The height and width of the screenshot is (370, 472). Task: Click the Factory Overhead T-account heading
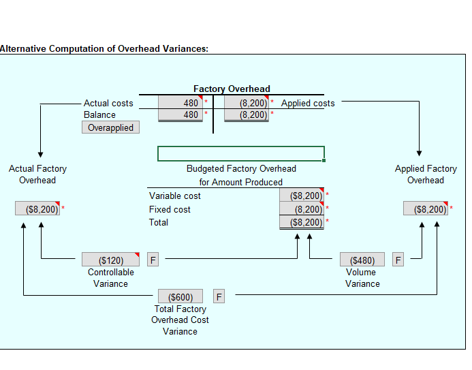232,89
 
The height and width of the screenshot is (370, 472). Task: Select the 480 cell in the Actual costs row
180,103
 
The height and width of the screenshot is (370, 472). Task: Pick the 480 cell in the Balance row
180,114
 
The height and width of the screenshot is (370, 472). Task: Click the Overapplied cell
110,127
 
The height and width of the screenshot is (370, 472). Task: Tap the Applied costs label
308,103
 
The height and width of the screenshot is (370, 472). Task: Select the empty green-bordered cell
240,153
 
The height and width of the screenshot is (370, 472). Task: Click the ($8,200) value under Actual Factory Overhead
38,209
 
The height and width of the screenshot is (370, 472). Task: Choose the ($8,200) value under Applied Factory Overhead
426,209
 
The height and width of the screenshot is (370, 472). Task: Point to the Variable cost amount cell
302,196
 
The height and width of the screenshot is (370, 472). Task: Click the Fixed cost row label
170,209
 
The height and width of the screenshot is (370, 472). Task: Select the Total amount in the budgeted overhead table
302,222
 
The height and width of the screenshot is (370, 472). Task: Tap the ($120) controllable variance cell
110,260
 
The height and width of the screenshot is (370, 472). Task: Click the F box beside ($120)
153,260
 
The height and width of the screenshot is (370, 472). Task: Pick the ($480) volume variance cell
362,260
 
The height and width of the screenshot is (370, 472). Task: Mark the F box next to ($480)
398,260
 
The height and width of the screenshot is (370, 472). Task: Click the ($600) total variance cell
180,296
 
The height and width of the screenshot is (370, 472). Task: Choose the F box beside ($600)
219,296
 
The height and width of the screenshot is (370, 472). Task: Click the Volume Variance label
362,277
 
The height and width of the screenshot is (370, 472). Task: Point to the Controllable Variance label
110,277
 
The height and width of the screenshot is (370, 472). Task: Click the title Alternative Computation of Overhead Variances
104,48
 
